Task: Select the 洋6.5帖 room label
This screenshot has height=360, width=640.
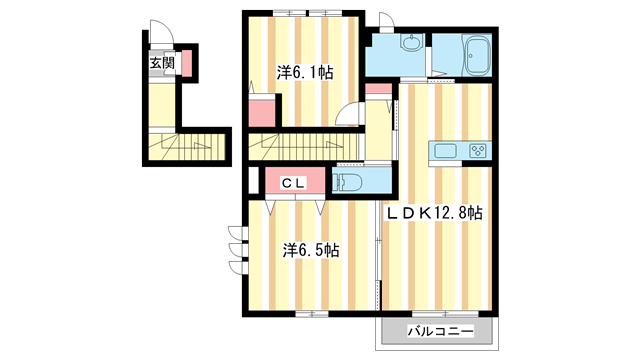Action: click(310, 250)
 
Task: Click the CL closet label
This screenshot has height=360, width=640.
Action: click(292, 183)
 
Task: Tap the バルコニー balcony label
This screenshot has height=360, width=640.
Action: click(435, 331)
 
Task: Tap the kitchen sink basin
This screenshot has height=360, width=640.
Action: click(446, 152)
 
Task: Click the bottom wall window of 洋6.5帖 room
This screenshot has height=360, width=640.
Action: click(311, 315)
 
